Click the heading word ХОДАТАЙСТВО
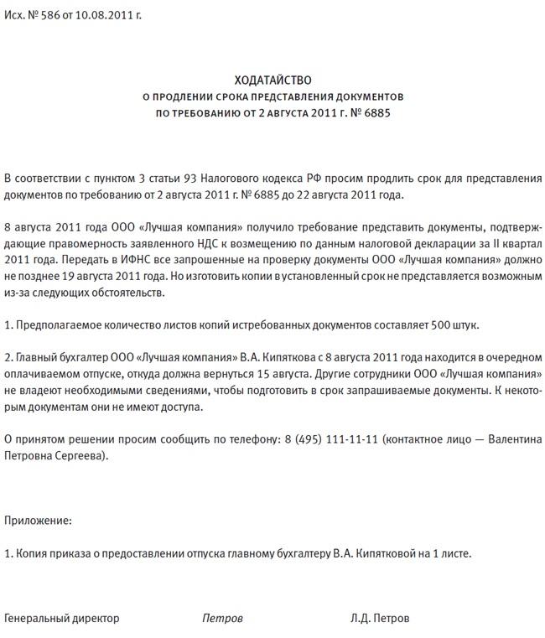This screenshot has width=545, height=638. pyautogui.click(x=272, y=80)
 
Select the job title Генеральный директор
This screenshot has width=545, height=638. pyautogui.click(x=62, y=619)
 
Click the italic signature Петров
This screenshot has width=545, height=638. pyautogui.click(x=222, y=619)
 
